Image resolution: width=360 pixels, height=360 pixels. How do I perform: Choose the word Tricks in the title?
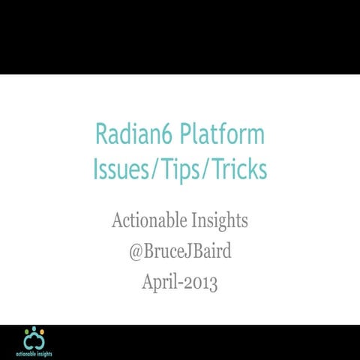238,169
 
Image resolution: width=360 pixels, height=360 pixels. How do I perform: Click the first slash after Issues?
147,169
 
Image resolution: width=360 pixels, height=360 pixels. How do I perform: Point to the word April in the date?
160,283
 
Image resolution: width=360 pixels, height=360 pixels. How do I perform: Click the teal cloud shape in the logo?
34,341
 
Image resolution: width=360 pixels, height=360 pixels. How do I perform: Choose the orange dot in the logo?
42,331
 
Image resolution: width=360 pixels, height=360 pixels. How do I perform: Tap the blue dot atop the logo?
34,328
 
